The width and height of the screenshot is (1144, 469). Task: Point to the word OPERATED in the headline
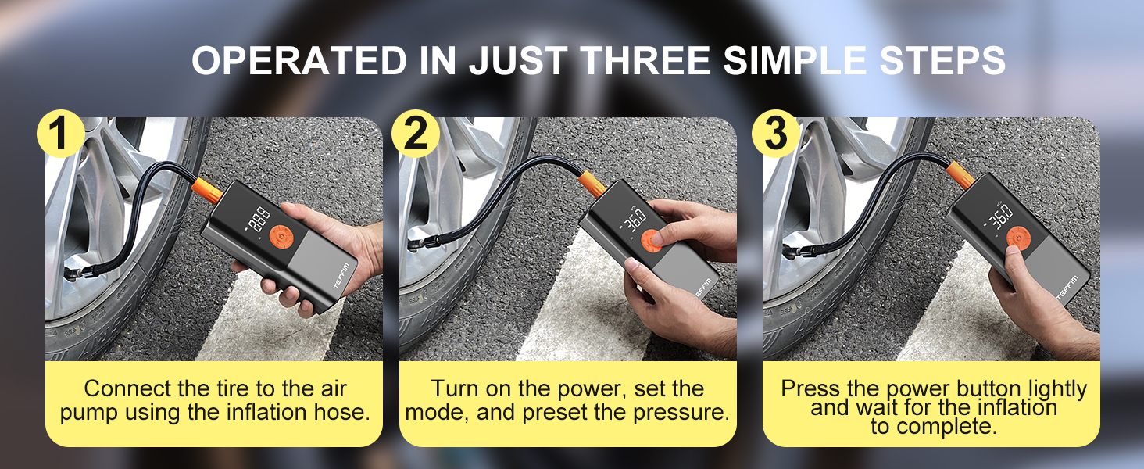298,60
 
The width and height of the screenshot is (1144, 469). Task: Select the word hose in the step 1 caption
338,413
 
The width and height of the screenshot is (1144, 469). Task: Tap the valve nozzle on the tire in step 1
77,276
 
